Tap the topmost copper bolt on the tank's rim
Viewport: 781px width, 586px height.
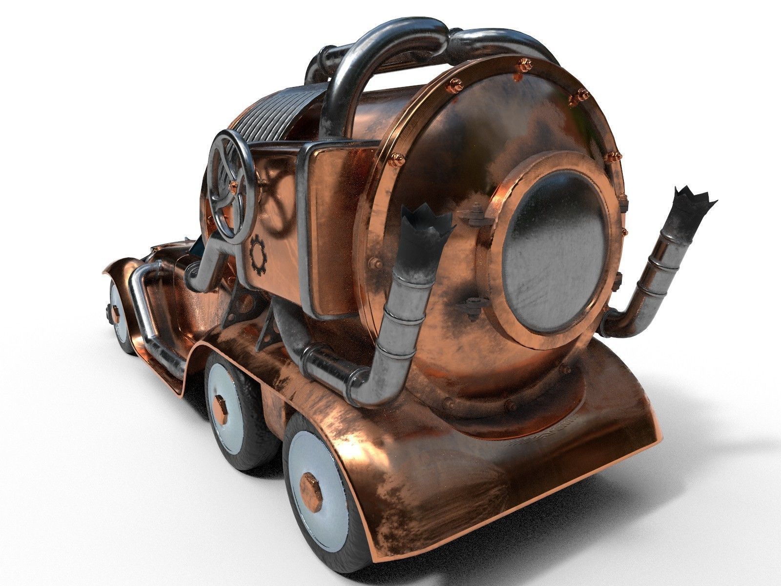[525, 63]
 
